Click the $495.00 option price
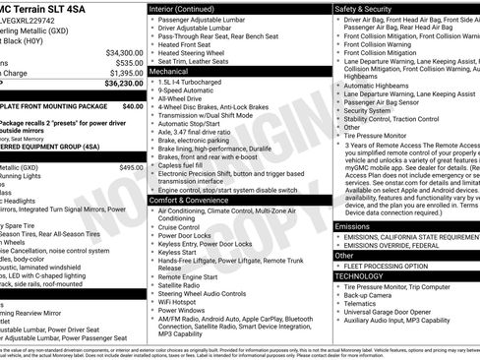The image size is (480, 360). tap(130, 168)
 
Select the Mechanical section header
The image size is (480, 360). tap(168, 72)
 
